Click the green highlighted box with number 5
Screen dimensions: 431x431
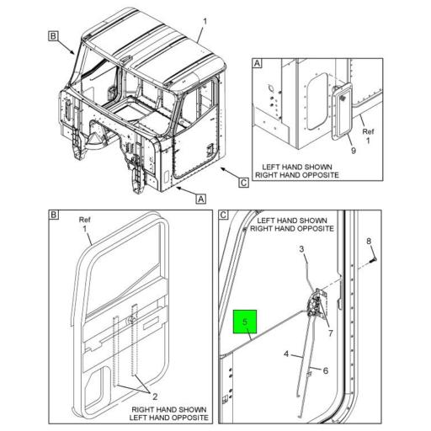click(245, 322)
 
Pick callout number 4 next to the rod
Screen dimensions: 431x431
click(286, 355)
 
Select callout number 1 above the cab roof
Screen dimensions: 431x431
click(204, 19)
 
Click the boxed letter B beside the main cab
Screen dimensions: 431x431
click(52, 36)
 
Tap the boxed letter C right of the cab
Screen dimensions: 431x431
click(243, 182)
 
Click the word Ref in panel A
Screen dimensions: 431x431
click(367, 131)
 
